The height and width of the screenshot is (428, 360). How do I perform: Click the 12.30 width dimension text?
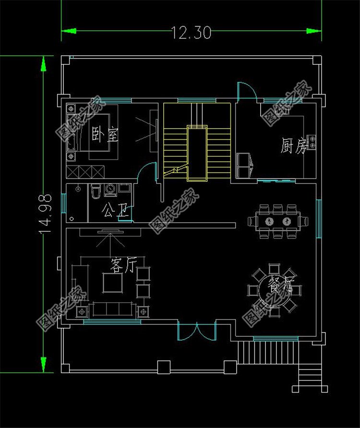(x=191, y=33)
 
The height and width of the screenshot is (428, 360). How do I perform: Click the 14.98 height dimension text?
(x=46, y=214)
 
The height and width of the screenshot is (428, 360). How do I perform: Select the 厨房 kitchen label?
(x=293, y=146)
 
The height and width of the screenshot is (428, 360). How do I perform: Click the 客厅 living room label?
(x=123, y=265)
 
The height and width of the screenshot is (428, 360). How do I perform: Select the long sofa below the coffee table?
(x=114, y=309)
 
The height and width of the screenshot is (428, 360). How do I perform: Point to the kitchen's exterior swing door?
(x=246, y=91)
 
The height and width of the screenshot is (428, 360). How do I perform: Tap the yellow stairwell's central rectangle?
(x=197, y=153)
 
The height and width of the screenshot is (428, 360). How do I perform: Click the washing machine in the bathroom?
(x=111, y=190)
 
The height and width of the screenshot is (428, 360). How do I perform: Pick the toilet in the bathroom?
(x=95, y=191)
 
